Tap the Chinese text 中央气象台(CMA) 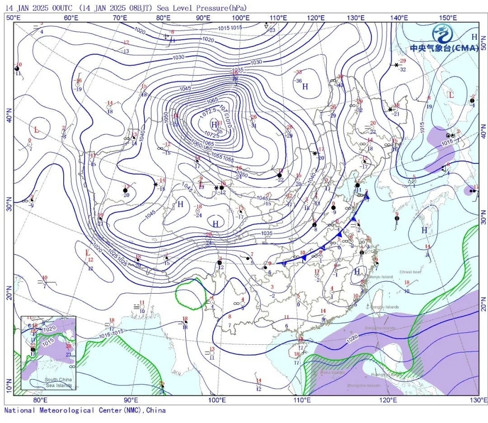coord(444,48)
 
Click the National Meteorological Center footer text coord(85,410)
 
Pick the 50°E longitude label coord(14,18)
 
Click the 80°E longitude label coord(40,400)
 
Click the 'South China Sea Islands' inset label coord(58,382)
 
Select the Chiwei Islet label coord(410,272)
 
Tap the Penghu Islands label coord(385,307)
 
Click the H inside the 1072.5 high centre coord(214,124)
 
